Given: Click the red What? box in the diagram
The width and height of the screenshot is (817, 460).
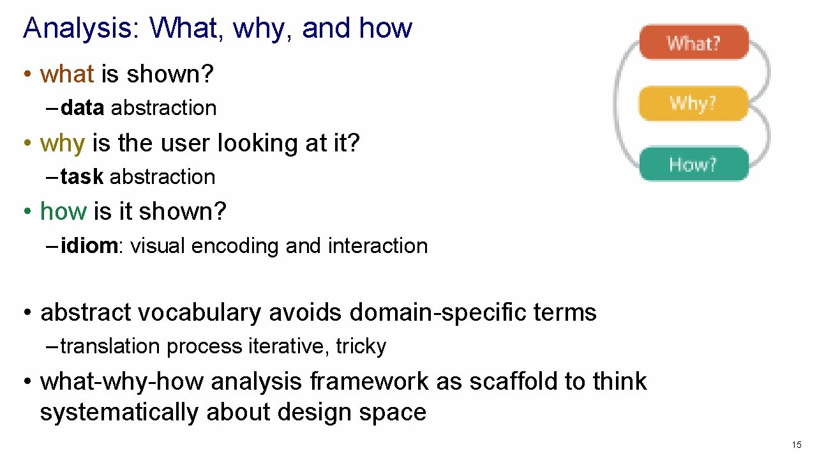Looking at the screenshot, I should (694, 43).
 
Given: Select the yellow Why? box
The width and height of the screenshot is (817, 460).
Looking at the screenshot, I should (693, 103).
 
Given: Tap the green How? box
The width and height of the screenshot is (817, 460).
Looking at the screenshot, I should (693, 164).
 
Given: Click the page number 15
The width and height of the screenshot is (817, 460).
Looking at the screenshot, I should (796, 445).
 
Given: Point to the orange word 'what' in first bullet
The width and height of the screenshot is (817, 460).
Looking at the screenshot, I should (67, 75).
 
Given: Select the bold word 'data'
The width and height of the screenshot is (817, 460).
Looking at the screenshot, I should (82, 108).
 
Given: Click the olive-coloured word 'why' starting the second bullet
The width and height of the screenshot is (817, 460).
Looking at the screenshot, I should (62, 143).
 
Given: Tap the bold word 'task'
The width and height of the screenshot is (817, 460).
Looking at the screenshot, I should (82, 177).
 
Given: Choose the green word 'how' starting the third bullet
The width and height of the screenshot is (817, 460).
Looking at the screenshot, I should (63, 211).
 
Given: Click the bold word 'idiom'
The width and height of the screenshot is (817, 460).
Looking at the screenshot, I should (89, 246).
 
